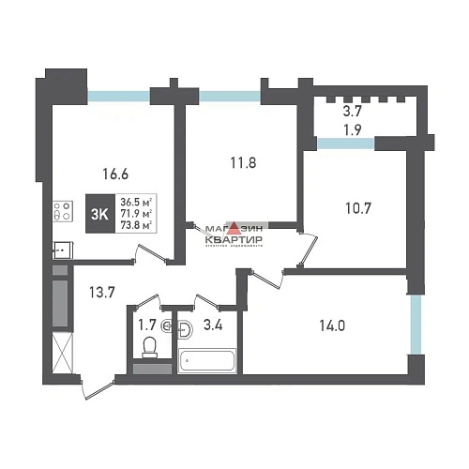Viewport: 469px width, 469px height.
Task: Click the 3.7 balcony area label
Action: (x=353, y=111)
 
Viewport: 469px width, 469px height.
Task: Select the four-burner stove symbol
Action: (x=63, y=213)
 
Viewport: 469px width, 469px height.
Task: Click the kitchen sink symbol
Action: (x=60, y=249)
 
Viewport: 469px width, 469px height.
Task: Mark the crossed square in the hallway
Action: (x=61, y=356)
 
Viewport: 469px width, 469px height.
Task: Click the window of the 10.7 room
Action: (x=345, y=143)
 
